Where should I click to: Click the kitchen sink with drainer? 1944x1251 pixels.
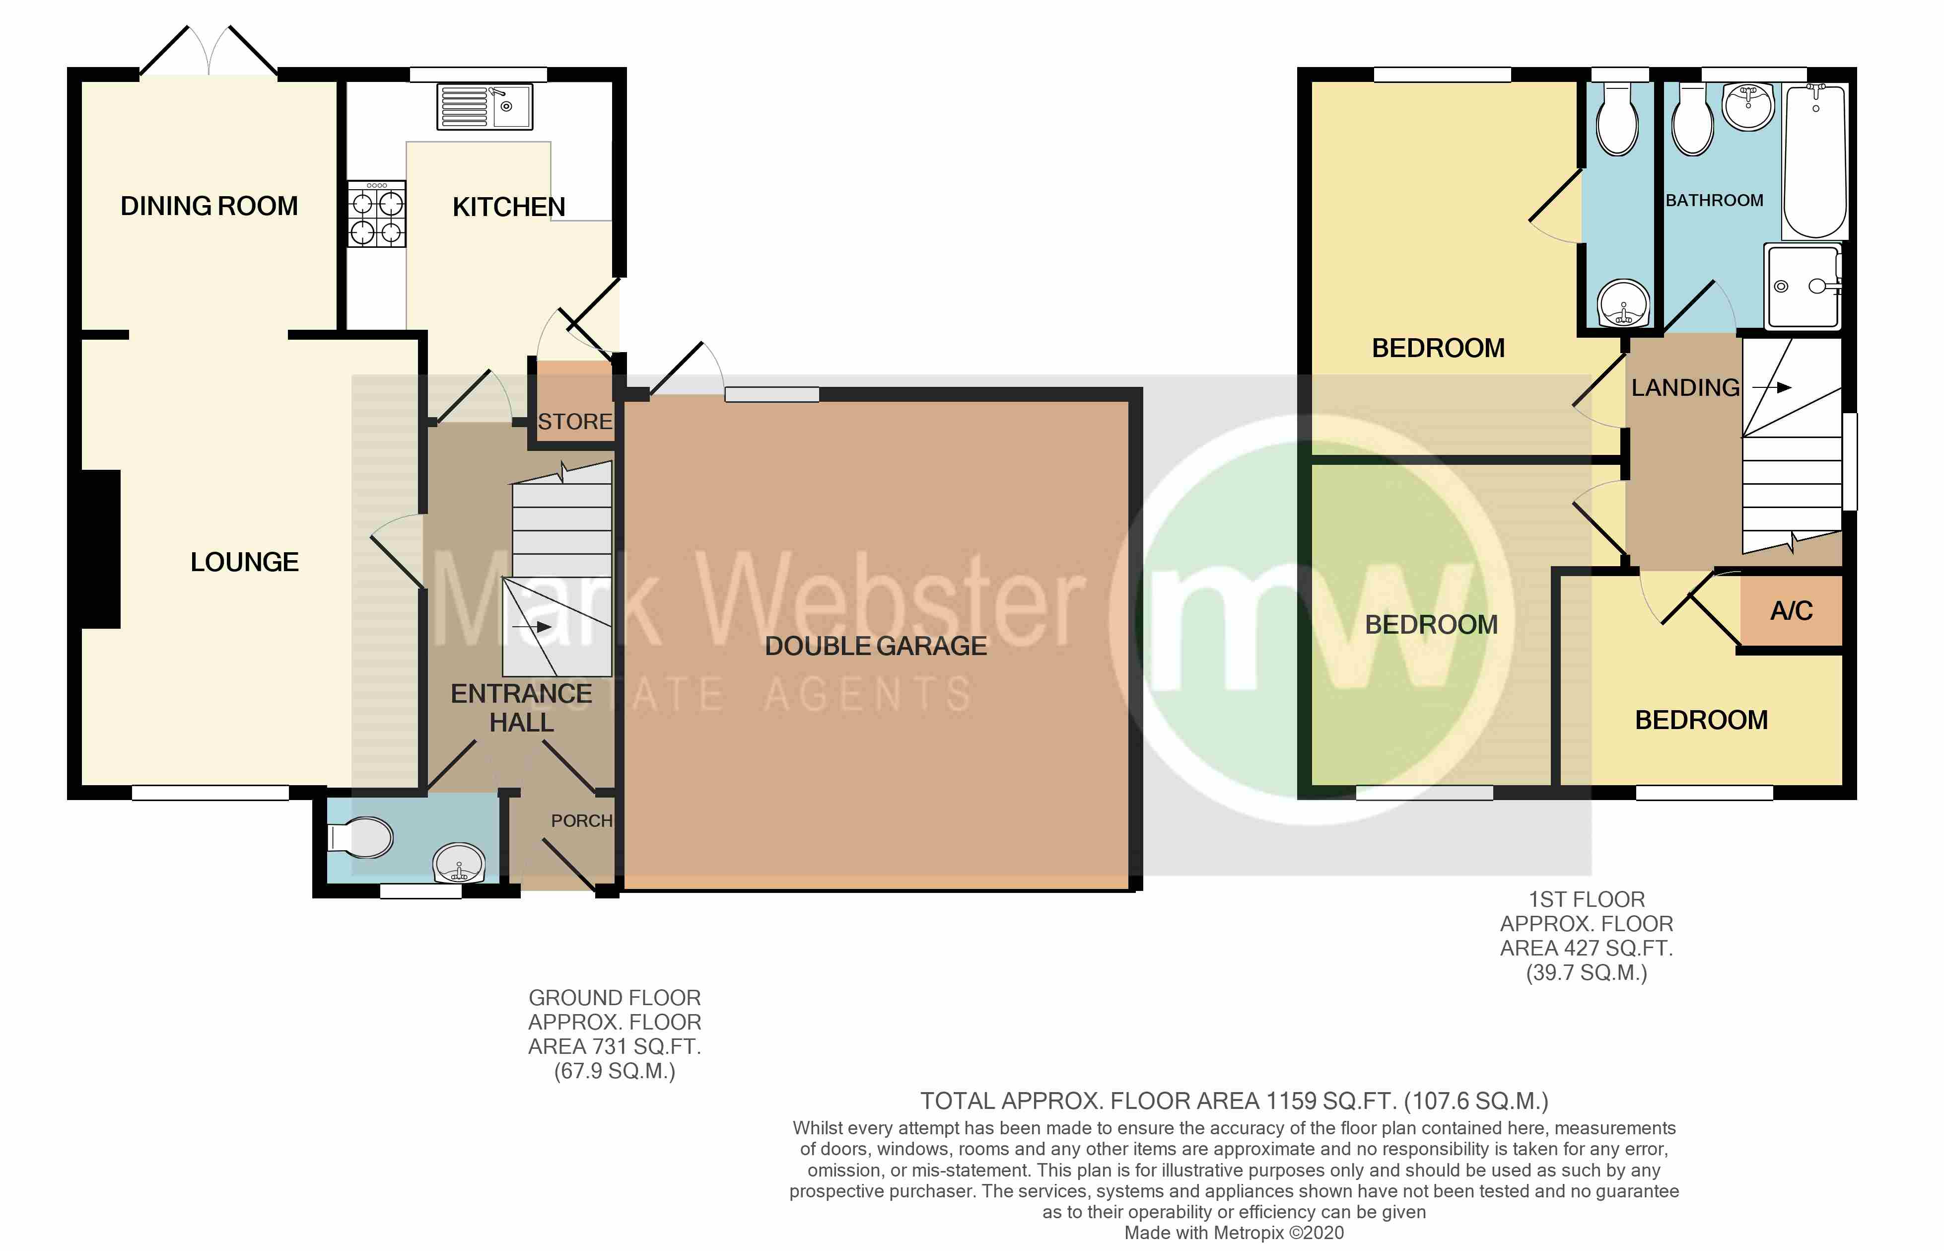[485, 106]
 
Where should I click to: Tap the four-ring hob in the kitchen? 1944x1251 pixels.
[377, 214]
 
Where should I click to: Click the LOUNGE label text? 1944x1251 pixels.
[244, 562]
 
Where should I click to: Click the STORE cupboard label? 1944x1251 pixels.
[574, 422]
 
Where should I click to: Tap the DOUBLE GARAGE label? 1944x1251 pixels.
[875, 646]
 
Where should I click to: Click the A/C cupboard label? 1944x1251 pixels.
[1791, 611]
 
